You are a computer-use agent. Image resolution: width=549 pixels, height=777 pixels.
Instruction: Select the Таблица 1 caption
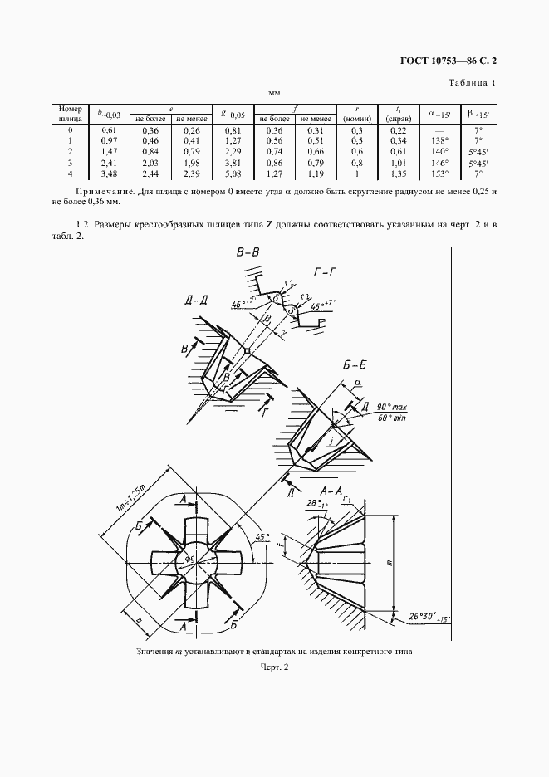pyautogui.click(x=472, y=82)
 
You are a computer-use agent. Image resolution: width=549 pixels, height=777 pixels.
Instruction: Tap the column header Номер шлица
pyautogui.click(x=70, y=114)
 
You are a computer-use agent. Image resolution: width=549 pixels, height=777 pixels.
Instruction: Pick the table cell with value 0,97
pyautogui.click(x=108, y=141)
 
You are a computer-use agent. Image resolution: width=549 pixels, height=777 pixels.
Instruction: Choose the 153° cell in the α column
pyautogui.click(x=439, y=173)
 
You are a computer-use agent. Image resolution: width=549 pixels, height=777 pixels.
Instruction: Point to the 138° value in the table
pyautogui.click(x=439, y=141)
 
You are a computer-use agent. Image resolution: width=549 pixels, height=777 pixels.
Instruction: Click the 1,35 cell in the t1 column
pyautogui.click(x=398, y=173)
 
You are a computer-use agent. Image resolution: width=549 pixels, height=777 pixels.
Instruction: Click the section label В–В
pyautogui.click(x=248, y=253)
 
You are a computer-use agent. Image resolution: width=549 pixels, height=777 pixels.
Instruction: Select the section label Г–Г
pyautogui.click(x=330, y=271)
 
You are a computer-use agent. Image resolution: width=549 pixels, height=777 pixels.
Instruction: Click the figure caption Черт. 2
pyautogui.click(x=274, y=667)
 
